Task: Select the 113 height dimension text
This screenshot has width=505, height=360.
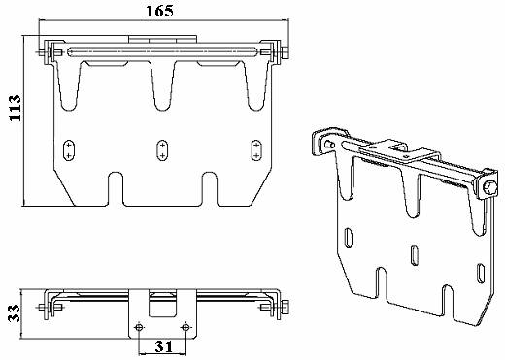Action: point(13,118)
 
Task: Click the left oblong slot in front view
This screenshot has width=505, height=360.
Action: point(68,149)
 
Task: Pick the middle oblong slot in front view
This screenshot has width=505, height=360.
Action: point(161,149)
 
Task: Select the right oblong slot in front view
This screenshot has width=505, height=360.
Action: point(256,149)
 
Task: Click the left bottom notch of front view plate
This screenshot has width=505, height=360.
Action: point(116,188)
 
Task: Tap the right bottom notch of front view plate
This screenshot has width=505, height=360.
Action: point(209,188)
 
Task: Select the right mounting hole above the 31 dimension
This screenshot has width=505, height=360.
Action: point(185,325)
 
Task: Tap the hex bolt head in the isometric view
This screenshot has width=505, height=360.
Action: point(482,185)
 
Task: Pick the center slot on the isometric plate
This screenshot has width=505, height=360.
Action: point(415,254)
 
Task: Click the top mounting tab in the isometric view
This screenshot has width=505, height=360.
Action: point(396,146)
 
